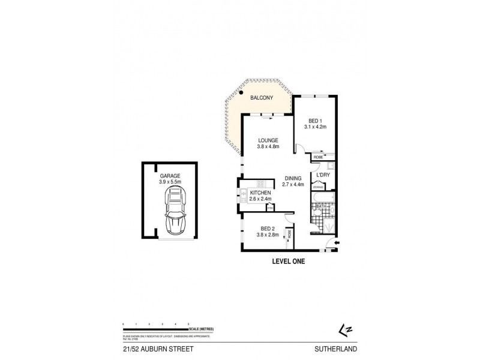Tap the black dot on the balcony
(x=239, y=93)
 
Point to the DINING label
(x=293, y=178)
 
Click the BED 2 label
(x=268, y=227)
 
